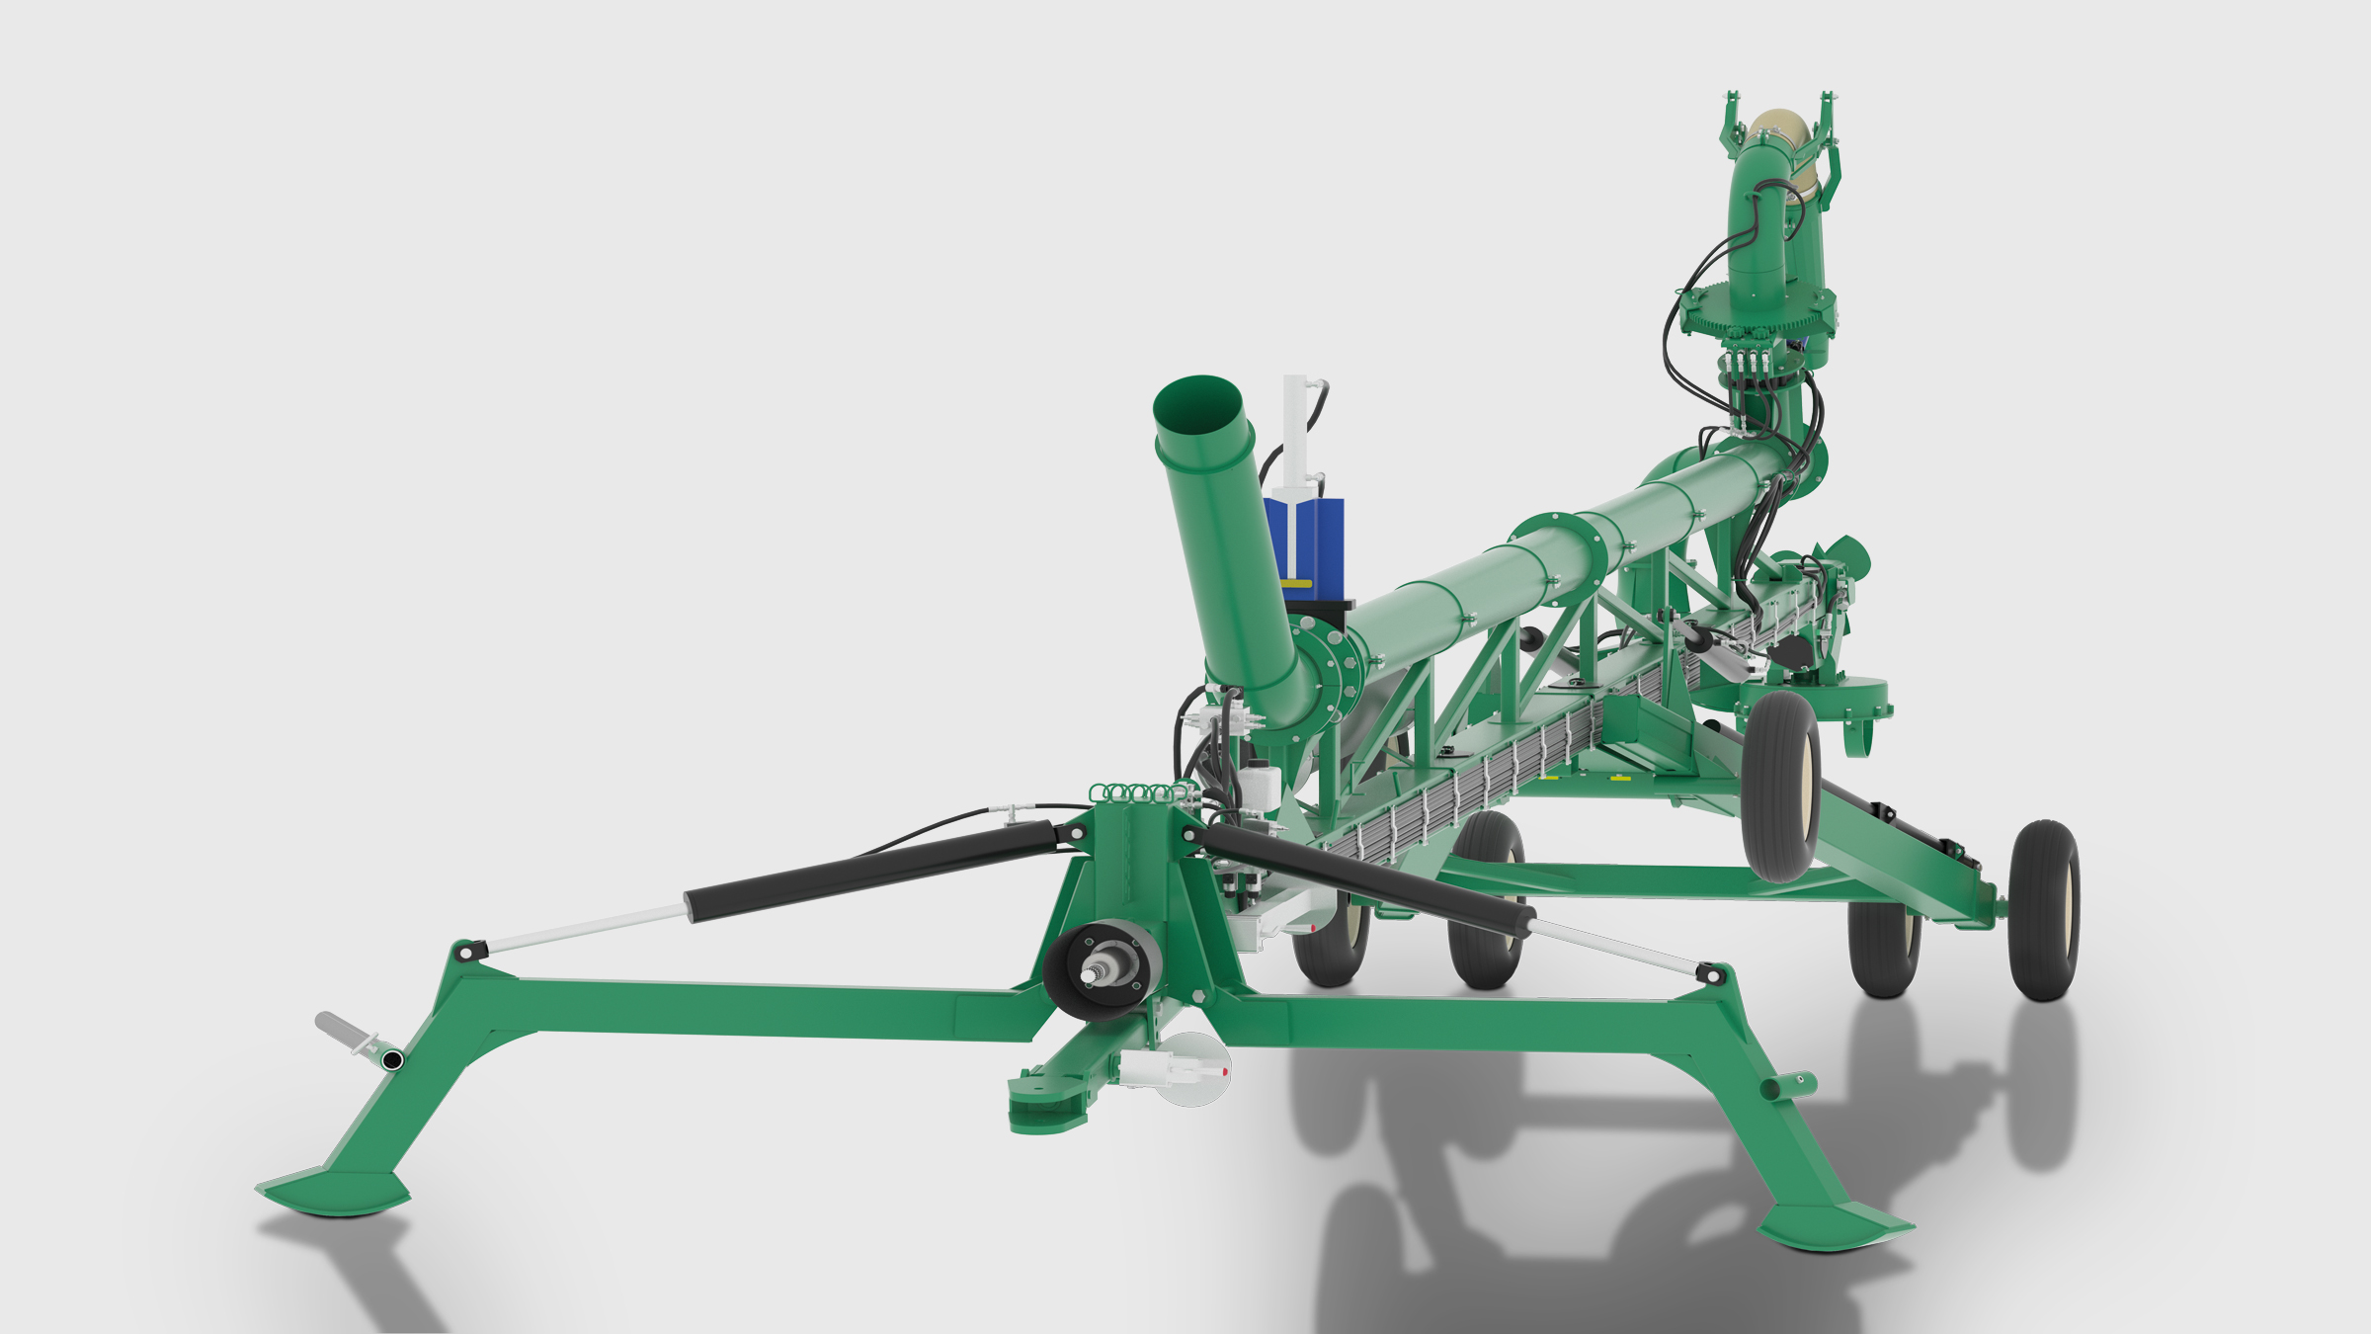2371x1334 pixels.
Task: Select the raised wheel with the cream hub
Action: pos(1781,786)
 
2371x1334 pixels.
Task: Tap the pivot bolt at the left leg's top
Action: pos(464,952)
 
